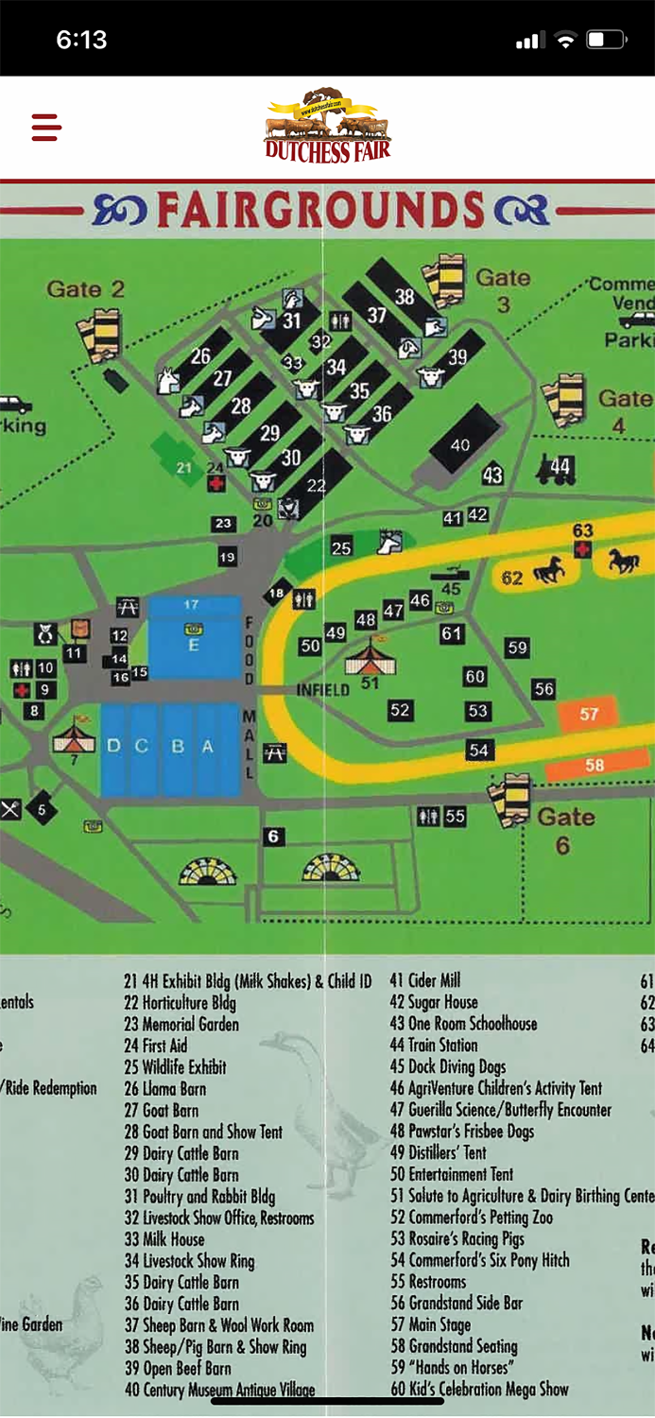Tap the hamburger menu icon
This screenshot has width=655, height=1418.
(x=46, y=127)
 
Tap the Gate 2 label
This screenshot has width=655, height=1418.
(x=86, y=289)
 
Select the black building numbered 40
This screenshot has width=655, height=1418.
(x=460, y=444)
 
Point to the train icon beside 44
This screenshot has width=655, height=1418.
(x=553, y=468)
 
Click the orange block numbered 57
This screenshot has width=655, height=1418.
(x=589, y=714)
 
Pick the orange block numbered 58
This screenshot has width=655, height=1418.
(x=594, y=765)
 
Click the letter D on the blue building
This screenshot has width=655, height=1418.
(x=113, y=747)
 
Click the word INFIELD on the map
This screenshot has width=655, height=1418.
(x=323, y=689)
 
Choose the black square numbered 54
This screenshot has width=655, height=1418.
(x=479, y=750)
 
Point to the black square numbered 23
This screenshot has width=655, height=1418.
(x=223, y=523)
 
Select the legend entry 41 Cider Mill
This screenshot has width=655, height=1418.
(x=425, y=980)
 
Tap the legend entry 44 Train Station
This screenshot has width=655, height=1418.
(x=434, y=1046)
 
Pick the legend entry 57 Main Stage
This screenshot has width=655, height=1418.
(x=430, y=1324)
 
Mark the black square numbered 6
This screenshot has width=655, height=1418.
(x=274, y=837)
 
